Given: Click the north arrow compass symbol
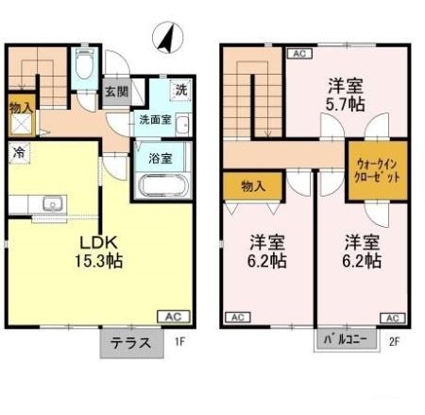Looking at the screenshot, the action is [x=168, y=38].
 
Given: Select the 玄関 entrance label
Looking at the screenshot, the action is [x=117, y=92].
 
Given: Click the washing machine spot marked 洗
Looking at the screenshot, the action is [x=180, y=91].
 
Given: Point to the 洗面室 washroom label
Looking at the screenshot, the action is [x=155, y=120].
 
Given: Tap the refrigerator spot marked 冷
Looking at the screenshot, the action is [x=19, y=153].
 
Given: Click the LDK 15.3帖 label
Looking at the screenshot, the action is [x=98, y=251].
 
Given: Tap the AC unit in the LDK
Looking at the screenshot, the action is [x=174, y=317].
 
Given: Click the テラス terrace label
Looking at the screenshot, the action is [x=131, y=343].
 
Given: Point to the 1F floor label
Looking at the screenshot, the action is [x=179, y=341].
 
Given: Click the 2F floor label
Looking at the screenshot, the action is [x=394, y=341].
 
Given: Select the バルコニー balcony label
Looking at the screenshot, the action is [x=346, y=339].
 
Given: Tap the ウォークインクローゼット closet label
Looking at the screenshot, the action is [x=377, y=170].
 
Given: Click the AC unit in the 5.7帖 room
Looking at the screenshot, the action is [x=299, y=54].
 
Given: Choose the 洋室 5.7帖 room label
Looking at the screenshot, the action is [x=346, y=95].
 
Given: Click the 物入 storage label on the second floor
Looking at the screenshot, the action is [x=253, y=186].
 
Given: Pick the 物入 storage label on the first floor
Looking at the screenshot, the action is [x=21, y=108].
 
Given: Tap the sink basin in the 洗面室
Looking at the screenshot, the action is [x=182, y=125].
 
